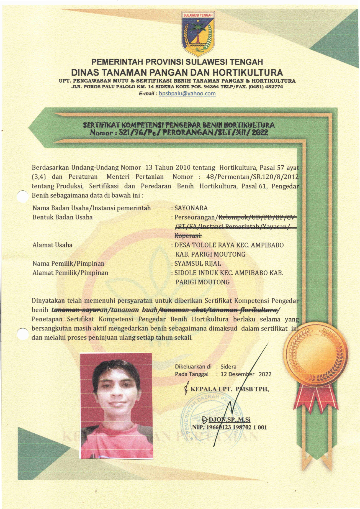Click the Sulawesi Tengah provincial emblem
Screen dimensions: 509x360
198,33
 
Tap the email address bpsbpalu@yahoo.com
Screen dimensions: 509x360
187,93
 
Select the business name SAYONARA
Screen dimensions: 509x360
191,208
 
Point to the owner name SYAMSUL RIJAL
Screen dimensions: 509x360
197,264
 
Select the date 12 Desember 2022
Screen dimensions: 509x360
246,374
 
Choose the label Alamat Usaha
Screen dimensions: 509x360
52,245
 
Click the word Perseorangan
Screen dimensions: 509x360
194,218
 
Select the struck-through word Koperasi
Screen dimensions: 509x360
188,236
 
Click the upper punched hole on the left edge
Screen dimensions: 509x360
22,197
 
